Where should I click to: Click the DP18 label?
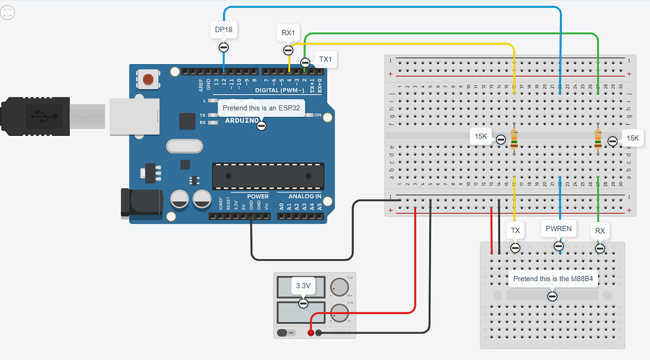click(223, 29)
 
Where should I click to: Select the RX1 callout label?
click(288, 32)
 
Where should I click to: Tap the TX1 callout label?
click(325, 60)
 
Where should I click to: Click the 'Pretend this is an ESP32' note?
click(262, 109)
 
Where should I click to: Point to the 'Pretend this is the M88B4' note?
click(552, 279)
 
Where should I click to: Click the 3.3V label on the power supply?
click(303, 286)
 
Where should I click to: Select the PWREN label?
click(559, 228)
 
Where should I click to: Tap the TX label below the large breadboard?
click(515, 230)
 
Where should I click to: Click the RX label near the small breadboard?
click(599, 230)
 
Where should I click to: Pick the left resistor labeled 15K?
click(514, 139)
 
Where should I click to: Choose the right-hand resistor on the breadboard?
click(598, 139)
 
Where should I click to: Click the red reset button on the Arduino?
click(149, 79)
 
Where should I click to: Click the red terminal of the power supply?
click(310, 332)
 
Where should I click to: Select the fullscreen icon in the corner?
click(8, 12)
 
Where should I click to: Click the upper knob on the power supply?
click(340, 287)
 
